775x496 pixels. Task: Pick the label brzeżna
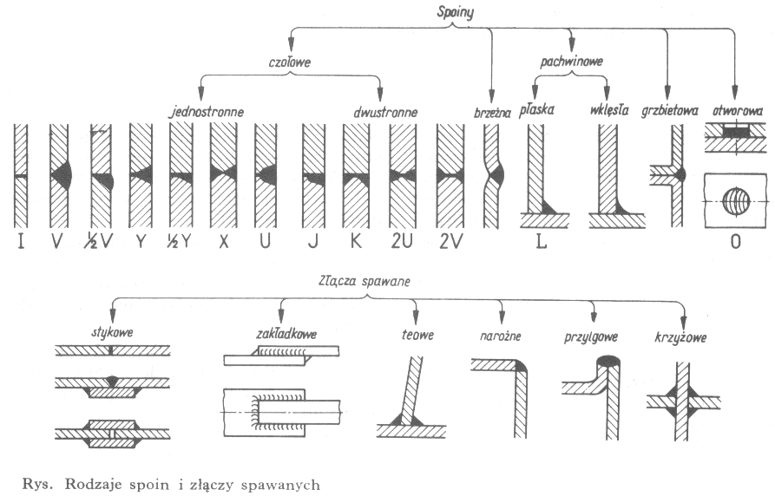click(x=491, y=112)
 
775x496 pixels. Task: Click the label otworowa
click(x=735, y=112)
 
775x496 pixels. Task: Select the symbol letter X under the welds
click(x=224, y=242)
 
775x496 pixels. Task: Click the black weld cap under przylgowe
click(x=608, y=360)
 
